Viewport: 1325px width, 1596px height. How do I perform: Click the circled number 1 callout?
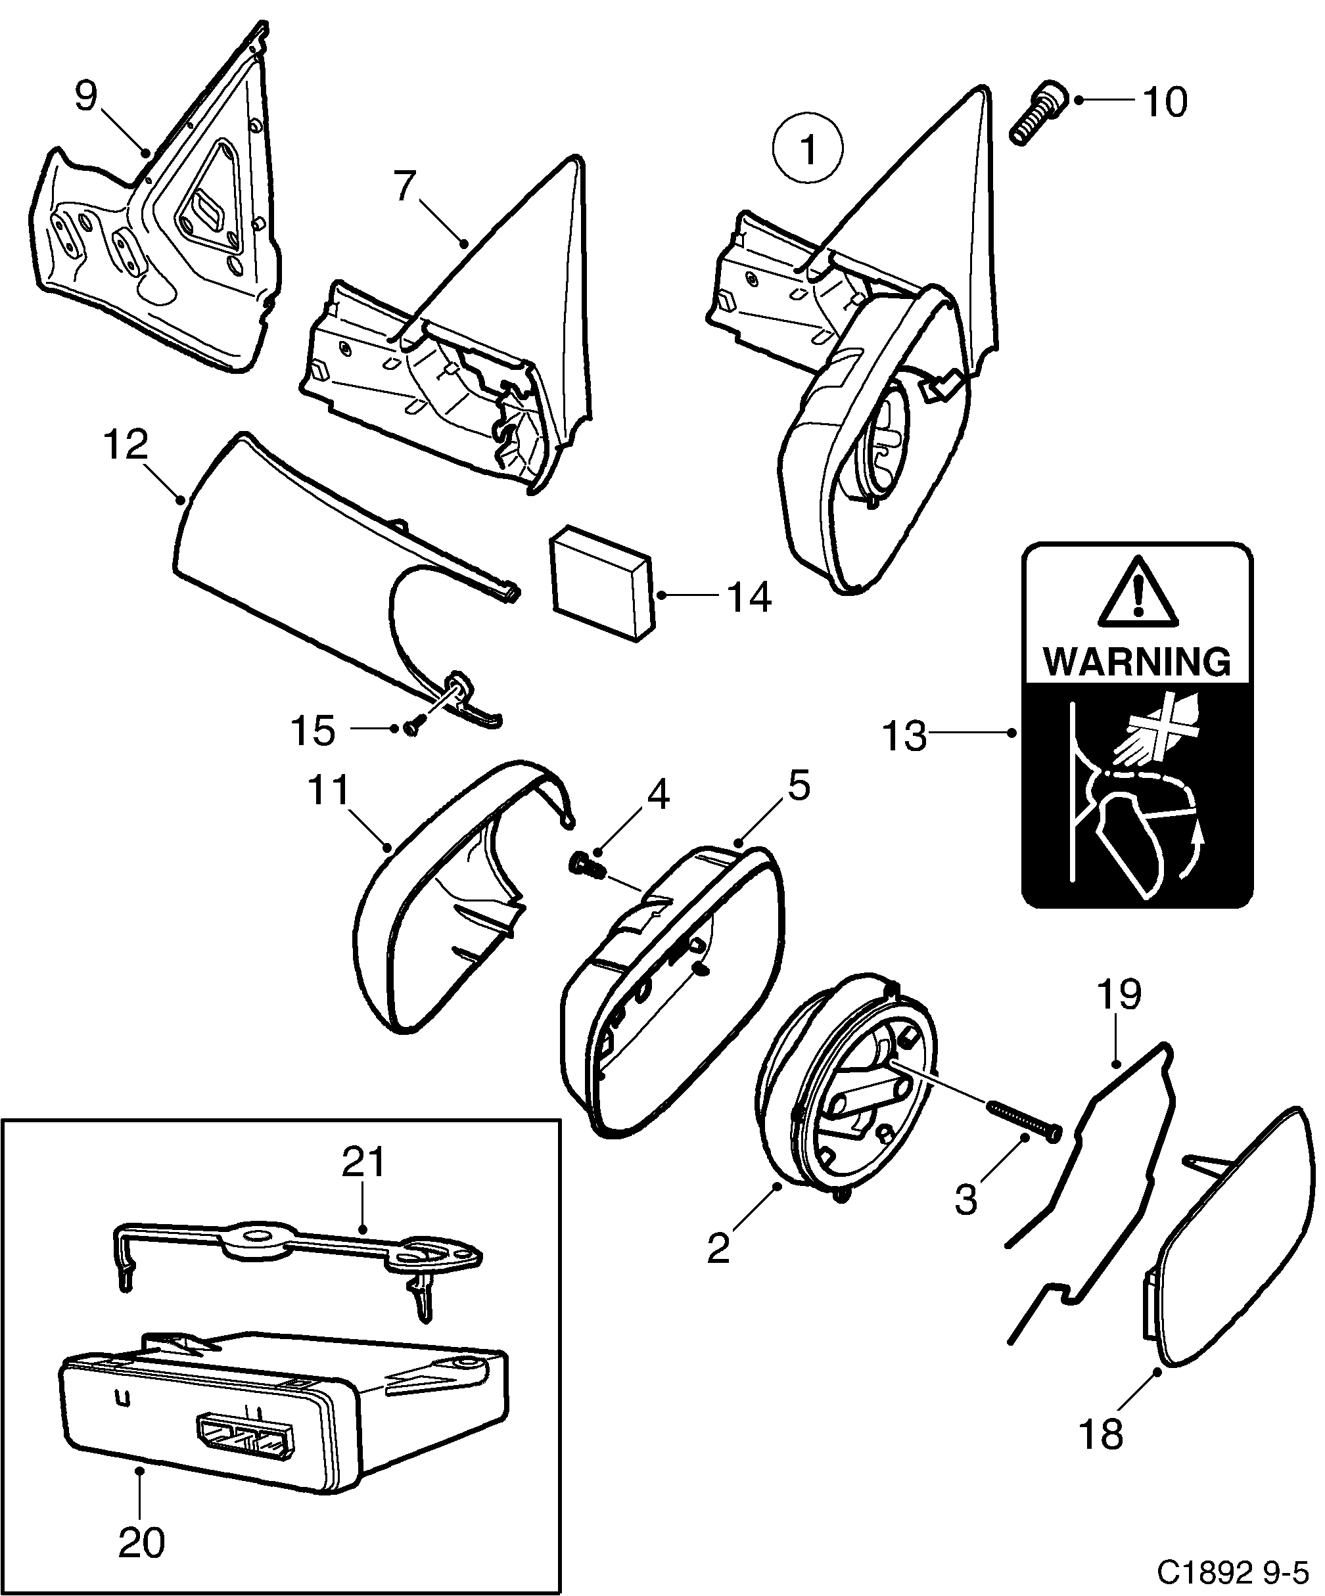(x=808, y=149)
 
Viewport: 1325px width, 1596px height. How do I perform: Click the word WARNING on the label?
(x=1137, y=661)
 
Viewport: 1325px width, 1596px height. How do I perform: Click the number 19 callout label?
(x=1118, y=995)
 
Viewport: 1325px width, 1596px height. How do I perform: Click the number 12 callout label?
(x=126, y=445)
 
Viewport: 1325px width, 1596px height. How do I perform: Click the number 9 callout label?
(x=87, y=97)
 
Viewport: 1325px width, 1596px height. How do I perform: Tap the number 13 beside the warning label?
(x=904, y=736)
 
